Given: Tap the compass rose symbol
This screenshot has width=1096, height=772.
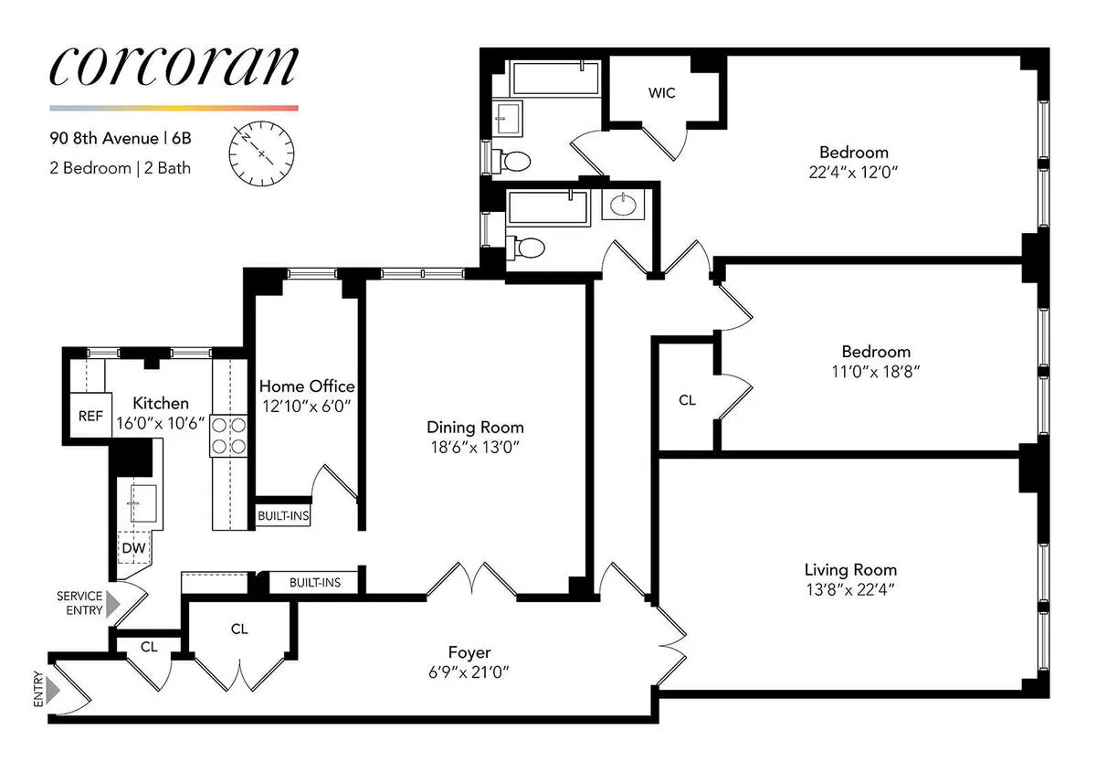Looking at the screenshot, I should coord(262,153).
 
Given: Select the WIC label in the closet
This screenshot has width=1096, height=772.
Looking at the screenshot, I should coord(662,93).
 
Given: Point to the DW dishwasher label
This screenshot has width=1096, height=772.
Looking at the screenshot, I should coord(132,548).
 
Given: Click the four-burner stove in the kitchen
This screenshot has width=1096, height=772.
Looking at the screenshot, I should coord(229,436).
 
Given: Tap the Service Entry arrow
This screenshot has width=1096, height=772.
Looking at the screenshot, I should coord(112,603).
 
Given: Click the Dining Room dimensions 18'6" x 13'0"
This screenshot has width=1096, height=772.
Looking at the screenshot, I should coord(475,447).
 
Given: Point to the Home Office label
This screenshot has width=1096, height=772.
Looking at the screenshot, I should coord(306,386).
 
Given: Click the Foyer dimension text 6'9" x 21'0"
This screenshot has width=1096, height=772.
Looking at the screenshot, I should coord(469,672).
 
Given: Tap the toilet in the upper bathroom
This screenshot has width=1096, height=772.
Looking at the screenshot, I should coord(516,163).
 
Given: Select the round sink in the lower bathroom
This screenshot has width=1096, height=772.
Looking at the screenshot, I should coord(626,205).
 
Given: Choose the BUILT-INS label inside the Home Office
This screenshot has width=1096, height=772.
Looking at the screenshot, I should coord(283,516).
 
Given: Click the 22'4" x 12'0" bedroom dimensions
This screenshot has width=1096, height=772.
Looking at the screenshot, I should coord(853,172).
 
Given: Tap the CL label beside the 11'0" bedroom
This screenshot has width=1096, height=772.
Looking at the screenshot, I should coord(688,400).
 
